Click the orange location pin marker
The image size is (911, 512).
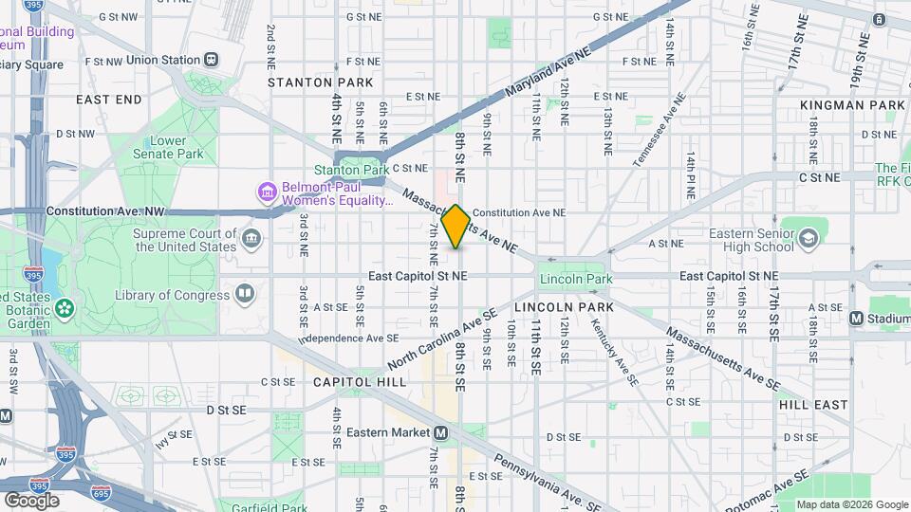click(456, 226)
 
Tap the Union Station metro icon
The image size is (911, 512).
click(211, 60)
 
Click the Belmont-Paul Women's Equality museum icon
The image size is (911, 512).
click(267, 192)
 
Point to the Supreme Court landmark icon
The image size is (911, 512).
click(251, 237)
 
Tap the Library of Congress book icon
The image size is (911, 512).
click(245, 294)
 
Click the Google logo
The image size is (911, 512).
click(31, 500)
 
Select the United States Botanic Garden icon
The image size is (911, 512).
click(64, 307)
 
